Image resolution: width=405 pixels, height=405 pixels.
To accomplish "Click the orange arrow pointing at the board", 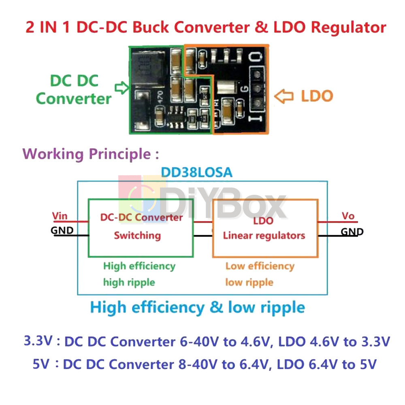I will tap(283, 96).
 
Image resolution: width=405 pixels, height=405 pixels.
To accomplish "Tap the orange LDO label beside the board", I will tap(317, 96).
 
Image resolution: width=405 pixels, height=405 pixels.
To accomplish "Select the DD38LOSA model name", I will tap(197, 173).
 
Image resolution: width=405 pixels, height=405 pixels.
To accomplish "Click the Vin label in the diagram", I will tap(60, 216).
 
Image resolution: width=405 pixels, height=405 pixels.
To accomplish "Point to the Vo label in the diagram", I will tap(348, 216).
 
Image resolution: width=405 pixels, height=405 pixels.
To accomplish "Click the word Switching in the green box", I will tap(137, 235).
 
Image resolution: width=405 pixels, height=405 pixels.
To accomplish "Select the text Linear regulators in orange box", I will tap(264, 235).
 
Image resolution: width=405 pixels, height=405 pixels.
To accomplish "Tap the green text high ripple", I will tap(129, 282).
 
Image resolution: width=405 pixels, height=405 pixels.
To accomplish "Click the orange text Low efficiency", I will tap(260, 266).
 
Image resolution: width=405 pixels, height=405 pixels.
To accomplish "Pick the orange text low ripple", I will tap(249, 282).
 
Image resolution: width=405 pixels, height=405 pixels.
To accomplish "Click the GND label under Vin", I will tap(62, 230).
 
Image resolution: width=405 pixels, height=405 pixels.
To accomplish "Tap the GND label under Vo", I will tap(352, 232).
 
